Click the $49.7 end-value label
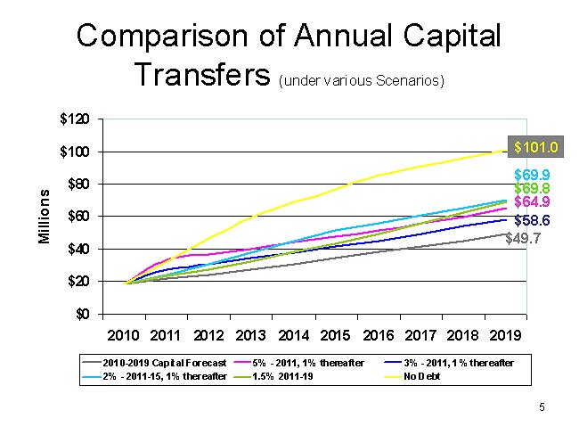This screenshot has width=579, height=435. [x=523, y=238]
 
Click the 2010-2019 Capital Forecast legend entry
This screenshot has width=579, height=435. [x=155, y=364]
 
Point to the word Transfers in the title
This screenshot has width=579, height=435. [x=202, y=75]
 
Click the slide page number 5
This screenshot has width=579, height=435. [x=541, y=407]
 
